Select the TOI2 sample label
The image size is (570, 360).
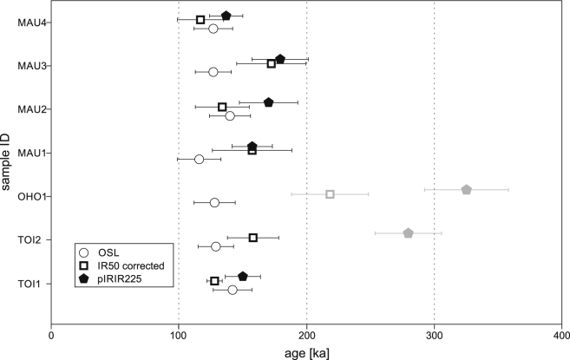31,239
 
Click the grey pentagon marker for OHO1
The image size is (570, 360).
466,189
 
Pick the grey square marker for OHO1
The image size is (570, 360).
330,193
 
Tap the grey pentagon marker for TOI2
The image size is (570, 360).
408,232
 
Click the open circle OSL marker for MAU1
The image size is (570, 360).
199,159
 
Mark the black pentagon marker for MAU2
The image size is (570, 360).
269,102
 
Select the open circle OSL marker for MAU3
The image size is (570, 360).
213,72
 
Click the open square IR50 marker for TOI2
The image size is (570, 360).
253,237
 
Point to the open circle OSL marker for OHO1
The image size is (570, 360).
214,202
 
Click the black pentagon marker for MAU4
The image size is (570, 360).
226,16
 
